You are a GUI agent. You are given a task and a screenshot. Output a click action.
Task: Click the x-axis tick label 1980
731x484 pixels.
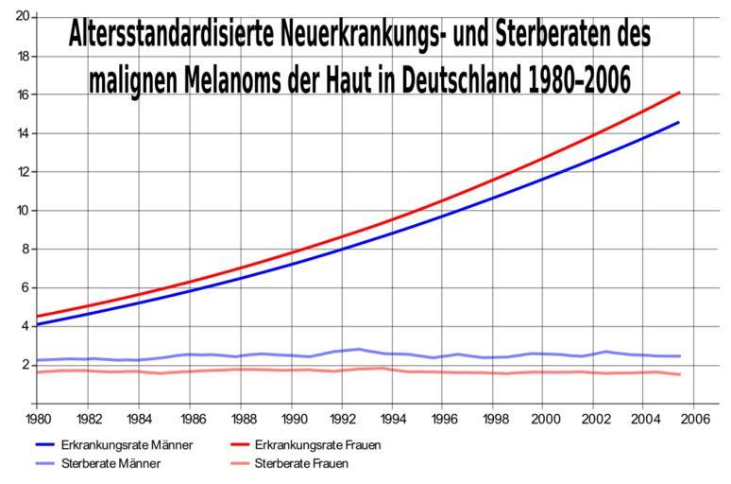(x=38, y=418)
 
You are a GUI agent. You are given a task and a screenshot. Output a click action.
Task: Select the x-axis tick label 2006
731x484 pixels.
(x=694, y=418)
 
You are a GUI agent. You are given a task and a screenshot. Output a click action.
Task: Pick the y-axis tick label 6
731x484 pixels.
(x=26, y=287)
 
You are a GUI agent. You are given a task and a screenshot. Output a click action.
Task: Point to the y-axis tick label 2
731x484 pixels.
(x=26, y=365)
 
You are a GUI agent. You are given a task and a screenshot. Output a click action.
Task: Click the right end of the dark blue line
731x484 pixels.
(x=679, y=122)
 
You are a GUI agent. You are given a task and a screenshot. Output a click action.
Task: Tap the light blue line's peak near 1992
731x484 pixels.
(x=358, y=349)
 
